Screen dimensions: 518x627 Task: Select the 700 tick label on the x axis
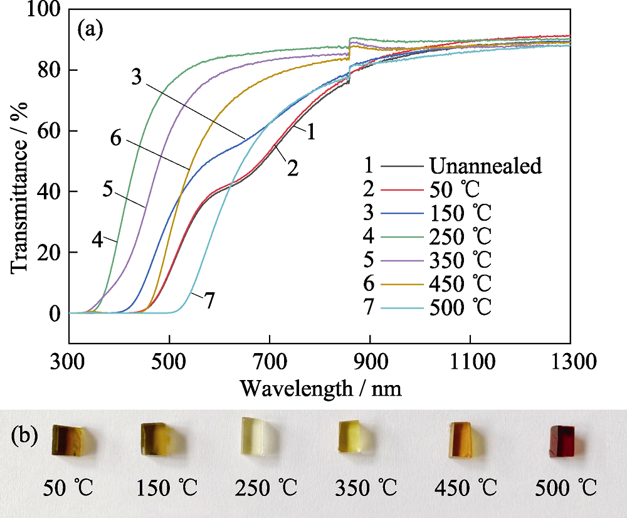pos(269,362)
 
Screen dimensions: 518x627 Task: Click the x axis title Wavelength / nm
pos(320,389)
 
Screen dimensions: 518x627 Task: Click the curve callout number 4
pos(97,240)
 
